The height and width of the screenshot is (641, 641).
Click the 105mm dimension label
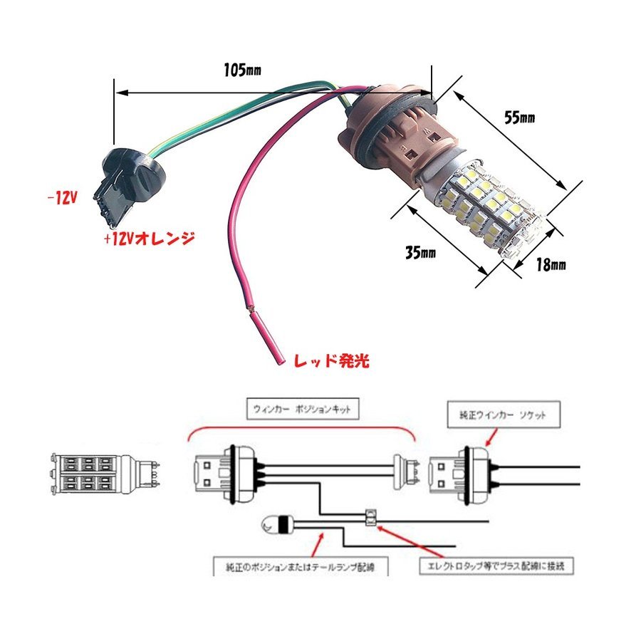coord(242,70)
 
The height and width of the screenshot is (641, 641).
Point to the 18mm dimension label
coord(549,265)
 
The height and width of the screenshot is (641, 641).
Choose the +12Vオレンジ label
coord(149,239)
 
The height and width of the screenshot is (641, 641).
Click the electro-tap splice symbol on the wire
coord(370,516)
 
